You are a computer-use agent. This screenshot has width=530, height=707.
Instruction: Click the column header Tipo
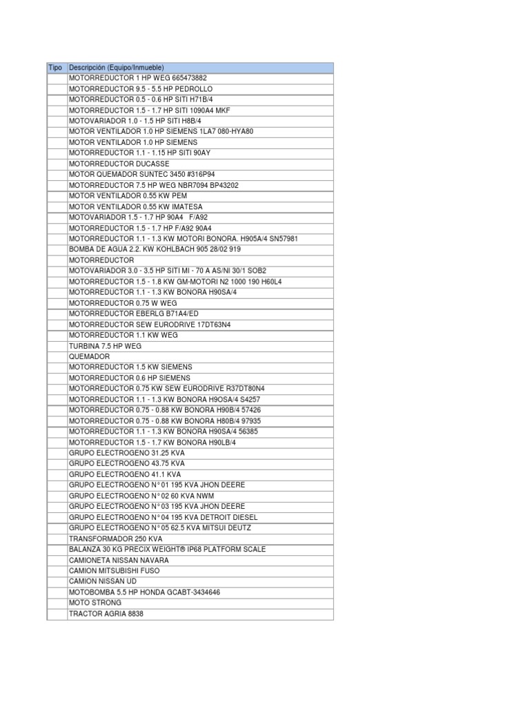tap(56, 68)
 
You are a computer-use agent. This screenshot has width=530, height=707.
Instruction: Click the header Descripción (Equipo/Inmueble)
tap(117, 68)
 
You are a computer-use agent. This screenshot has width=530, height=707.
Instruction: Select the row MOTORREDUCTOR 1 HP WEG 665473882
tap(137, 78)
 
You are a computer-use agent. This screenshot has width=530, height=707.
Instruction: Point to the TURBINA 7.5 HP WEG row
tap(105, 345)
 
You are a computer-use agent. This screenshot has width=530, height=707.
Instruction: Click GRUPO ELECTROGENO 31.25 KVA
tap(127, 453)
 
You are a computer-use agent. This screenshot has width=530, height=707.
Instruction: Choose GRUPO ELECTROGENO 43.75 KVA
tap(127, 463)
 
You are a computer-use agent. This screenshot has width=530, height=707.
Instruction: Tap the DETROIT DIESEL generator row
tap(164, 517)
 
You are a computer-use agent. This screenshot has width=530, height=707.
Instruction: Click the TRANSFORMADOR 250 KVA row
tap(116, 539)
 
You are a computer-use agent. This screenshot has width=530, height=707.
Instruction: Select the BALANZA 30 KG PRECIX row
tap(167, 549)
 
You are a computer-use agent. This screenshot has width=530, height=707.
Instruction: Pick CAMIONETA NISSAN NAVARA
tap(119, 560)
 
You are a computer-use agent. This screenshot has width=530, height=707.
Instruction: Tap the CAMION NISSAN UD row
tap(104, 581)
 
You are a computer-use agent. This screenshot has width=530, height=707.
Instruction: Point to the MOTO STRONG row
tap(95, 603)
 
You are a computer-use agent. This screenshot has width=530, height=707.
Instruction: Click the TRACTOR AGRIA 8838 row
tap(106, 614)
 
